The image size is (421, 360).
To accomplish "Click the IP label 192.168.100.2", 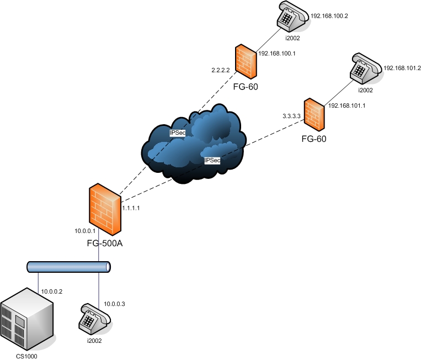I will click(x=329, y=17).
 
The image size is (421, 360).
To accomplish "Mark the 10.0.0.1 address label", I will click(x=86, y=231).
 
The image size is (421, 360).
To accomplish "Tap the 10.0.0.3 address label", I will click(x=115, y=304).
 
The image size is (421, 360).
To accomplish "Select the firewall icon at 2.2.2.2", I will click(x=244, y=61).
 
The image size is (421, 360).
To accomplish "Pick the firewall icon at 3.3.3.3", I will click(x=314, y=113).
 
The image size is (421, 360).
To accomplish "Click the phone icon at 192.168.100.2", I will click(x=291, y=18).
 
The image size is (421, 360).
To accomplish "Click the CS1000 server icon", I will click(x=27, y=317).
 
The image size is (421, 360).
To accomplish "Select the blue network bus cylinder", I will click(x=69, y=267).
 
